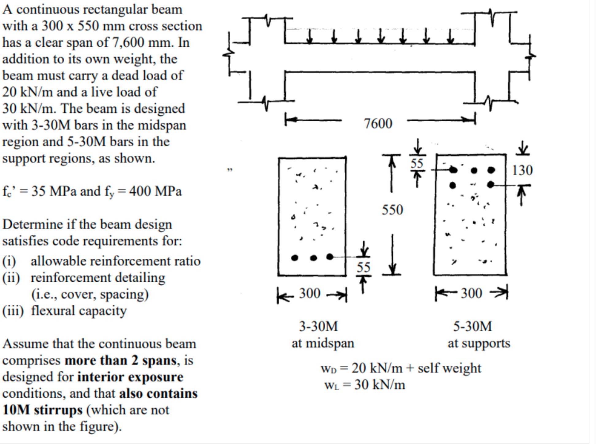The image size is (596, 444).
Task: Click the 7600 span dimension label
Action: coord(378,124)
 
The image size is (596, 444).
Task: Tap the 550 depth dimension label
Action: coord(392,210)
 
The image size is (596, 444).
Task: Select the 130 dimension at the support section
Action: coord(522,170)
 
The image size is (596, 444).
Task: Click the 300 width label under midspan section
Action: coord(310,293)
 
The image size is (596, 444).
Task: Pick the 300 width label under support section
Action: coord(471,293)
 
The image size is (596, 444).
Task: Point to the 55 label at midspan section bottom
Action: coord(364,267)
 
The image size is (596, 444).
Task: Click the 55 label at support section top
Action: coord(417,164)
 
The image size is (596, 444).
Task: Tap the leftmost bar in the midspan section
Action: coord(294,258)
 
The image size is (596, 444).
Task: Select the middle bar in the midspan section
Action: coord(313,258)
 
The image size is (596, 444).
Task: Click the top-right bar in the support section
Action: coord(491,170)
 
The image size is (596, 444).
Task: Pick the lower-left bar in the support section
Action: coord(453,185)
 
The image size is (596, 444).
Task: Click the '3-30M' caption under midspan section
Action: coord(318,326)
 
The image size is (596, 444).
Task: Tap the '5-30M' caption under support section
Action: coord(472,326)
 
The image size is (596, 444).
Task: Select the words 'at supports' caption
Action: coord(479,343)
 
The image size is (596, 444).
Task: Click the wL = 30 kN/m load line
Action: coord(365,385)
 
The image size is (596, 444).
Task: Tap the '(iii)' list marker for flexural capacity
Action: coord(13,311)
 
